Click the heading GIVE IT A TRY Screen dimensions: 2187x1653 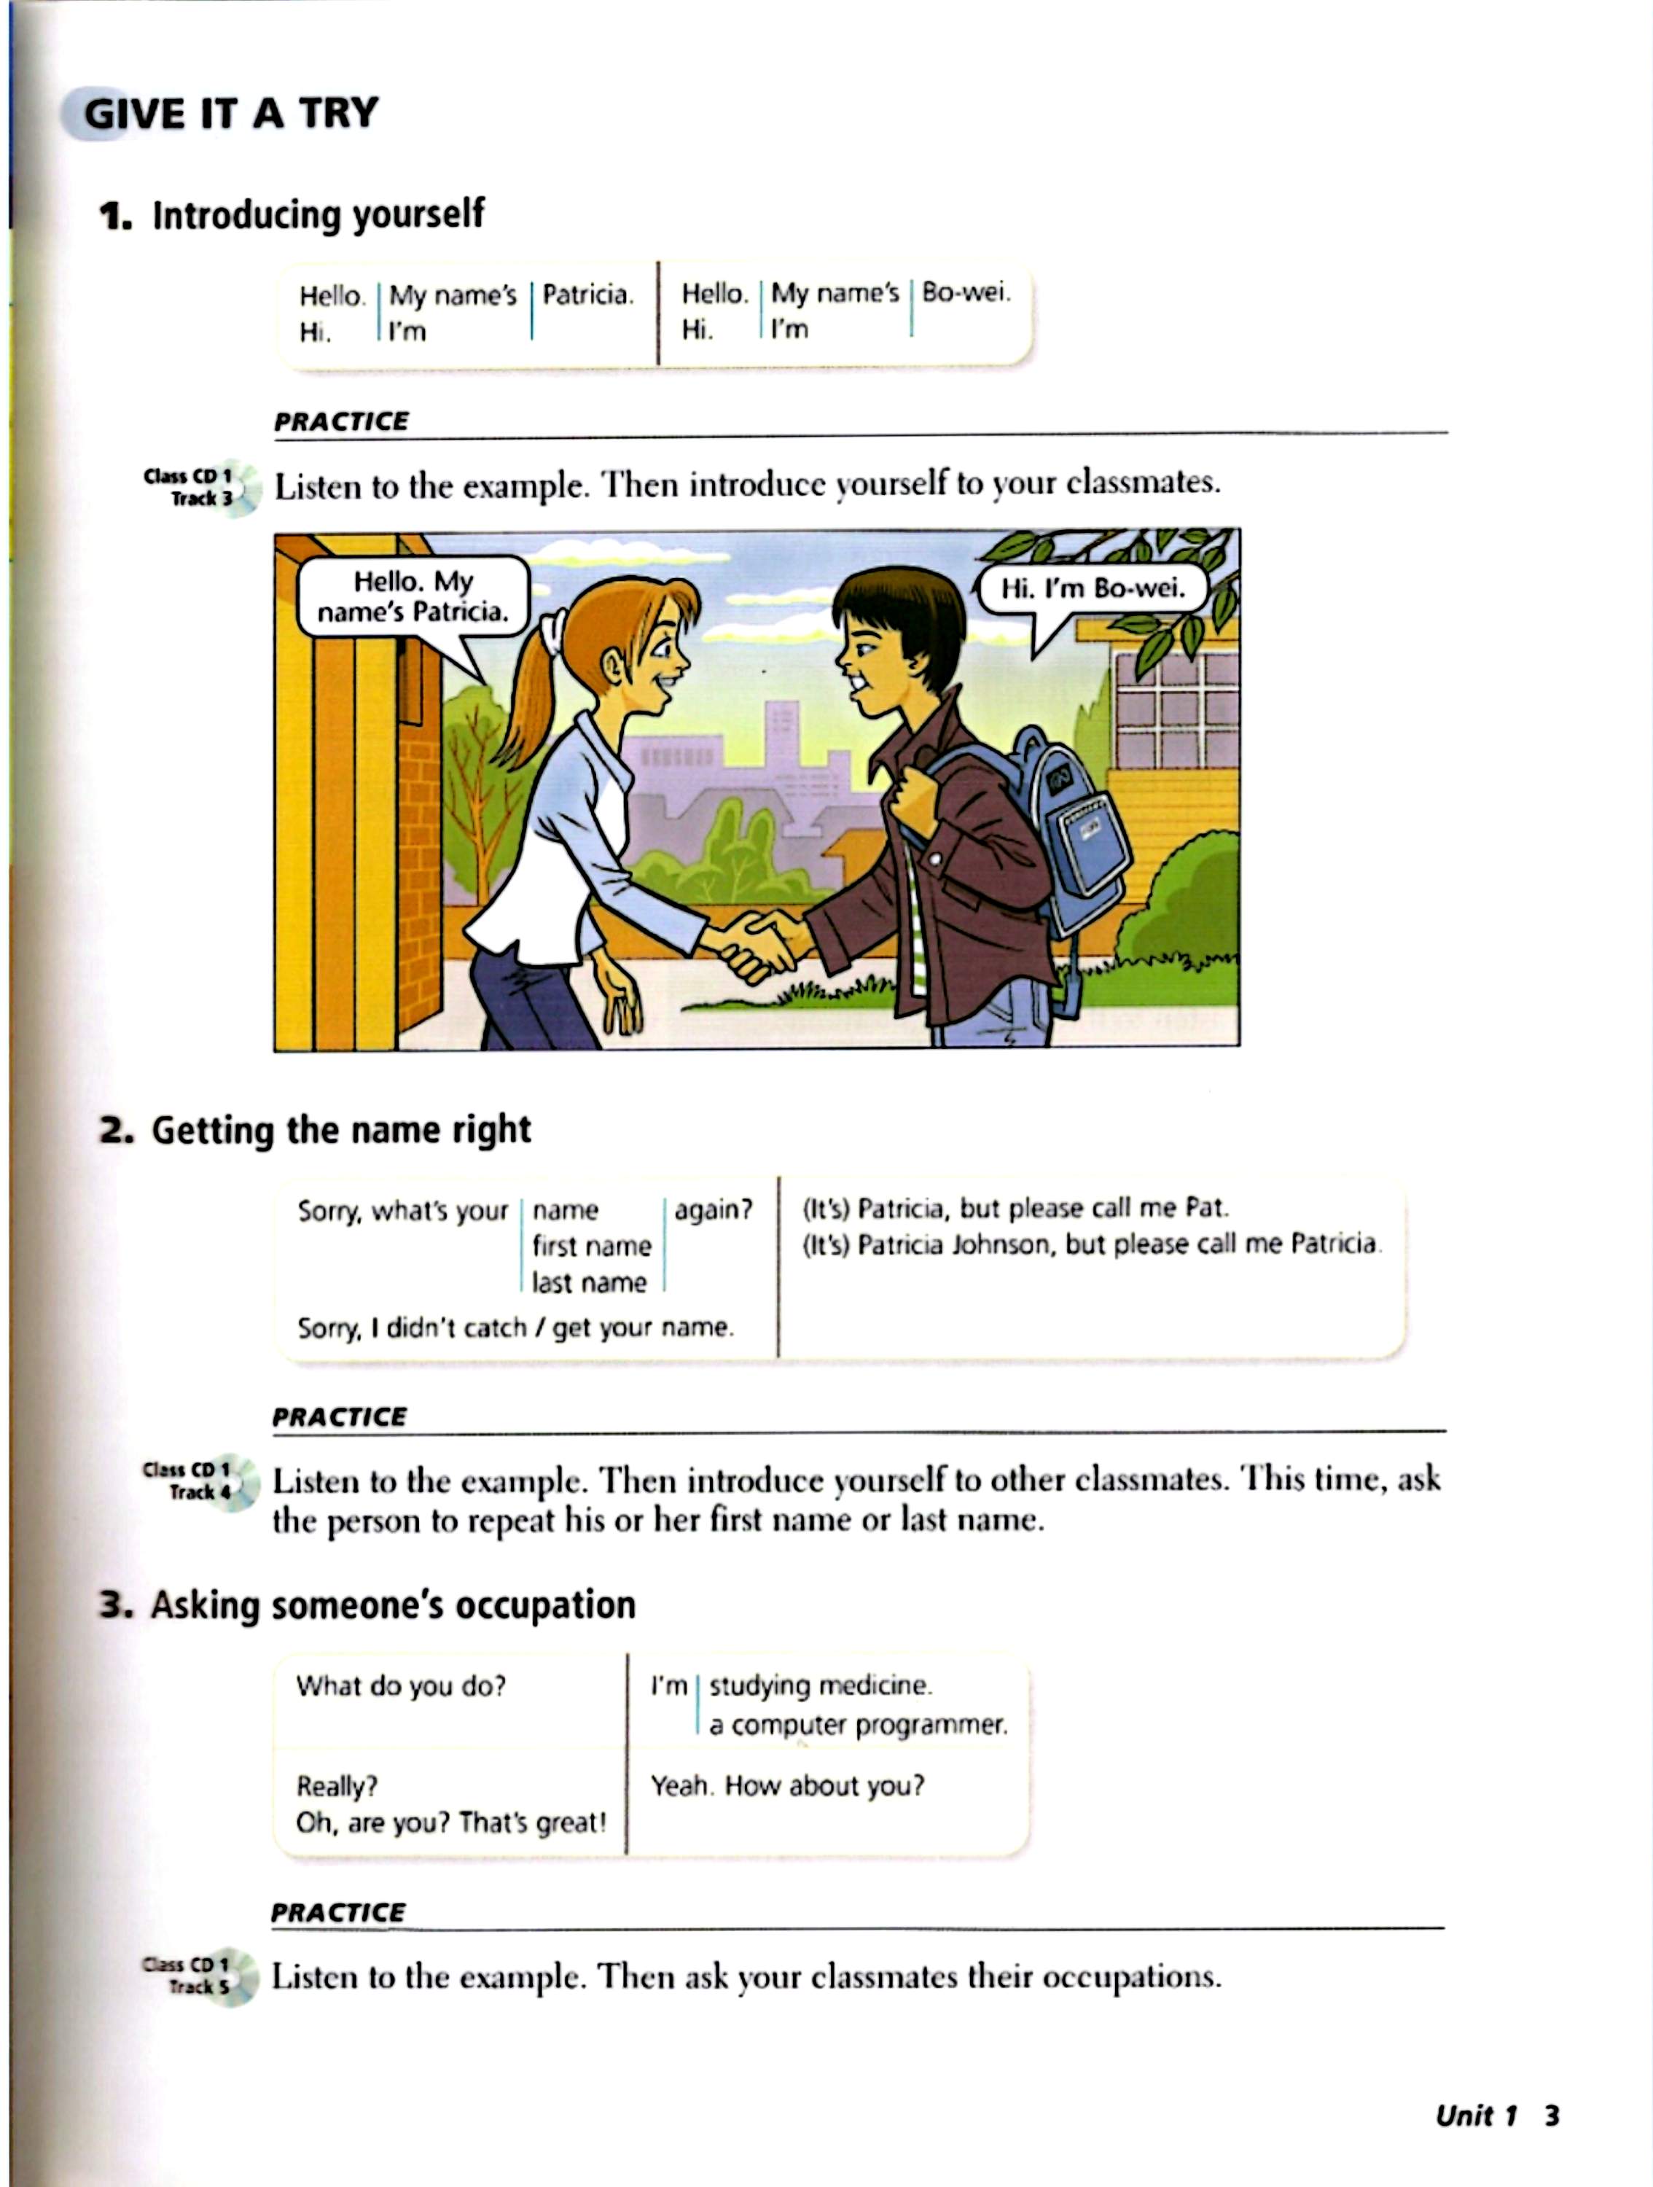pos(230,114)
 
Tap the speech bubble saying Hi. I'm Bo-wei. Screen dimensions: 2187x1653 pos(1093,589)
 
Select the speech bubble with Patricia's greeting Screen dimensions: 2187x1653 pos(413,596)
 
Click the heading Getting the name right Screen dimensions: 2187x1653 pos(340,1129)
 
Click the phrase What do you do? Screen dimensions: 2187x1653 pos(400,1685)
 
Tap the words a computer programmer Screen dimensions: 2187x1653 pos(858,1726)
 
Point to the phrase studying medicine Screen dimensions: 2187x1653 pos(820,1685)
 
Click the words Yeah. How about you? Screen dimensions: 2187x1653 pos(787,1785)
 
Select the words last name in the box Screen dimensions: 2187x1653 pos(589,1282)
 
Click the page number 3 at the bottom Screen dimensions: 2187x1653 pos(1551,2115)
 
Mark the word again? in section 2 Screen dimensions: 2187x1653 pos(713,1209)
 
